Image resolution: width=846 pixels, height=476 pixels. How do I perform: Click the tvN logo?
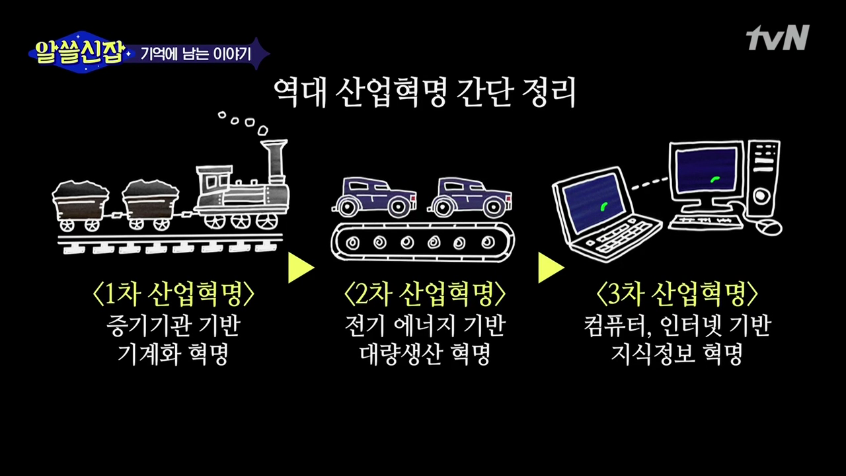point(777,38)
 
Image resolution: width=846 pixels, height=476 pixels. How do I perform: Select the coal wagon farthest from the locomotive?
point(81,202)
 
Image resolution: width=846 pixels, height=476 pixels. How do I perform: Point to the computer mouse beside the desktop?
point(769,227)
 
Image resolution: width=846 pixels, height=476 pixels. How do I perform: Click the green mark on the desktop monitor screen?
point(714,178)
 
